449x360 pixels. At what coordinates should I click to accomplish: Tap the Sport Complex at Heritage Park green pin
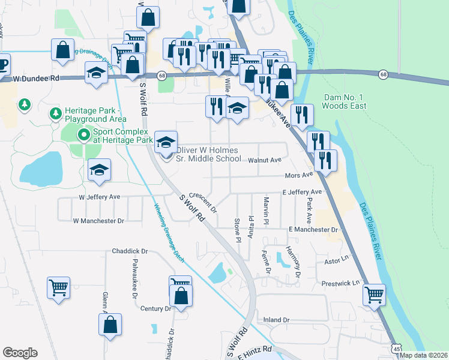click(84, 135)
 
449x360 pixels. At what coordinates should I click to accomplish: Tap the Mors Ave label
click(299, 175)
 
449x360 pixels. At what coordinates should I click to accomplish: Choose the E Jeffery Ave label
click(303, 192)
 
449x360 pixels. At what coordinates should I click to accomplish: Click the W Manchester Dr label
click(98, 221)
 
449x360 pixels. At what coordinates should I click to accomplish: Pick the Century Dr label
click(155, 308)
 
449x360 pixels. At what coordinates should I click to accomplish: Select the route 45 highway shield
click(396, 349)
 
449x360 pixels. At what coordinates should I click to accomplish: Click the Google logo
click(20, 353)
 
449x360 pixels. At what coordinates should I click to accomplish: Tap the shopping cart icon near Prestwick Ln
click(375, 294)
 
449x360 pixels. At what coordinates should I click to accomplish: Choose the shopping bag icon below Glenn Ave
click(111, 325)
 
